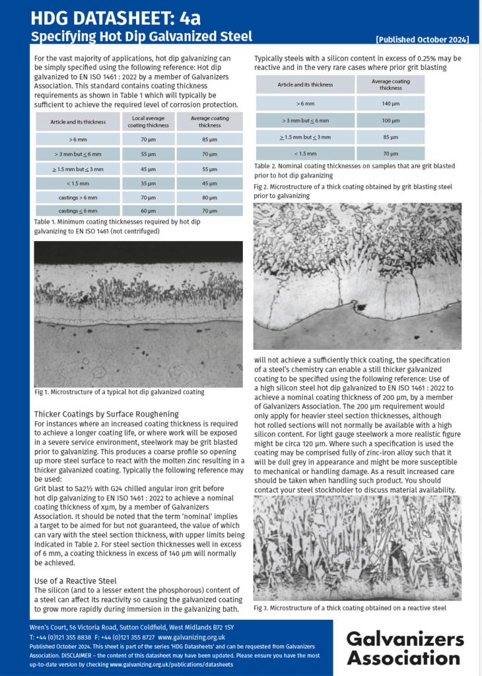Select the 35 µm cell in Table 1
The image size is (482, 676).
148,184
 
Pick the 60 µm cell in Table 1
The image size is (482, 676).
148,211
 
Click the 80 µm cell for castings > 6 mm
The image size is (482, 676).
209,197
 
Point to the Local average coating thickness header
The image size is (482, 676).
148,121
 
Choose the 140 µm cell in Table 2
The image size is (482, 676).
391,104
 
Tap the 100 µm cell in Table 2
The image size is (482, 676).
391,120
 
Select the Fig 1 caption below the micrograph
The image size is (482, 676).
120,391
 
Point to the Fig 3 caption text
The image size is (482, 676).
350,607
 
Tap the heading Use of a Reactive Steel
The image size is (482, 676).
75,580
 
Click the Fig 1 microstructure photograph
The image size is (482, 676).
138,314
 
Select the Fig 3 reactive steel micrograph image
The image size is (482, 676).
357,548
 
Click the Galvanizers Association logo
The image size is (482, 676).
405,648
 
